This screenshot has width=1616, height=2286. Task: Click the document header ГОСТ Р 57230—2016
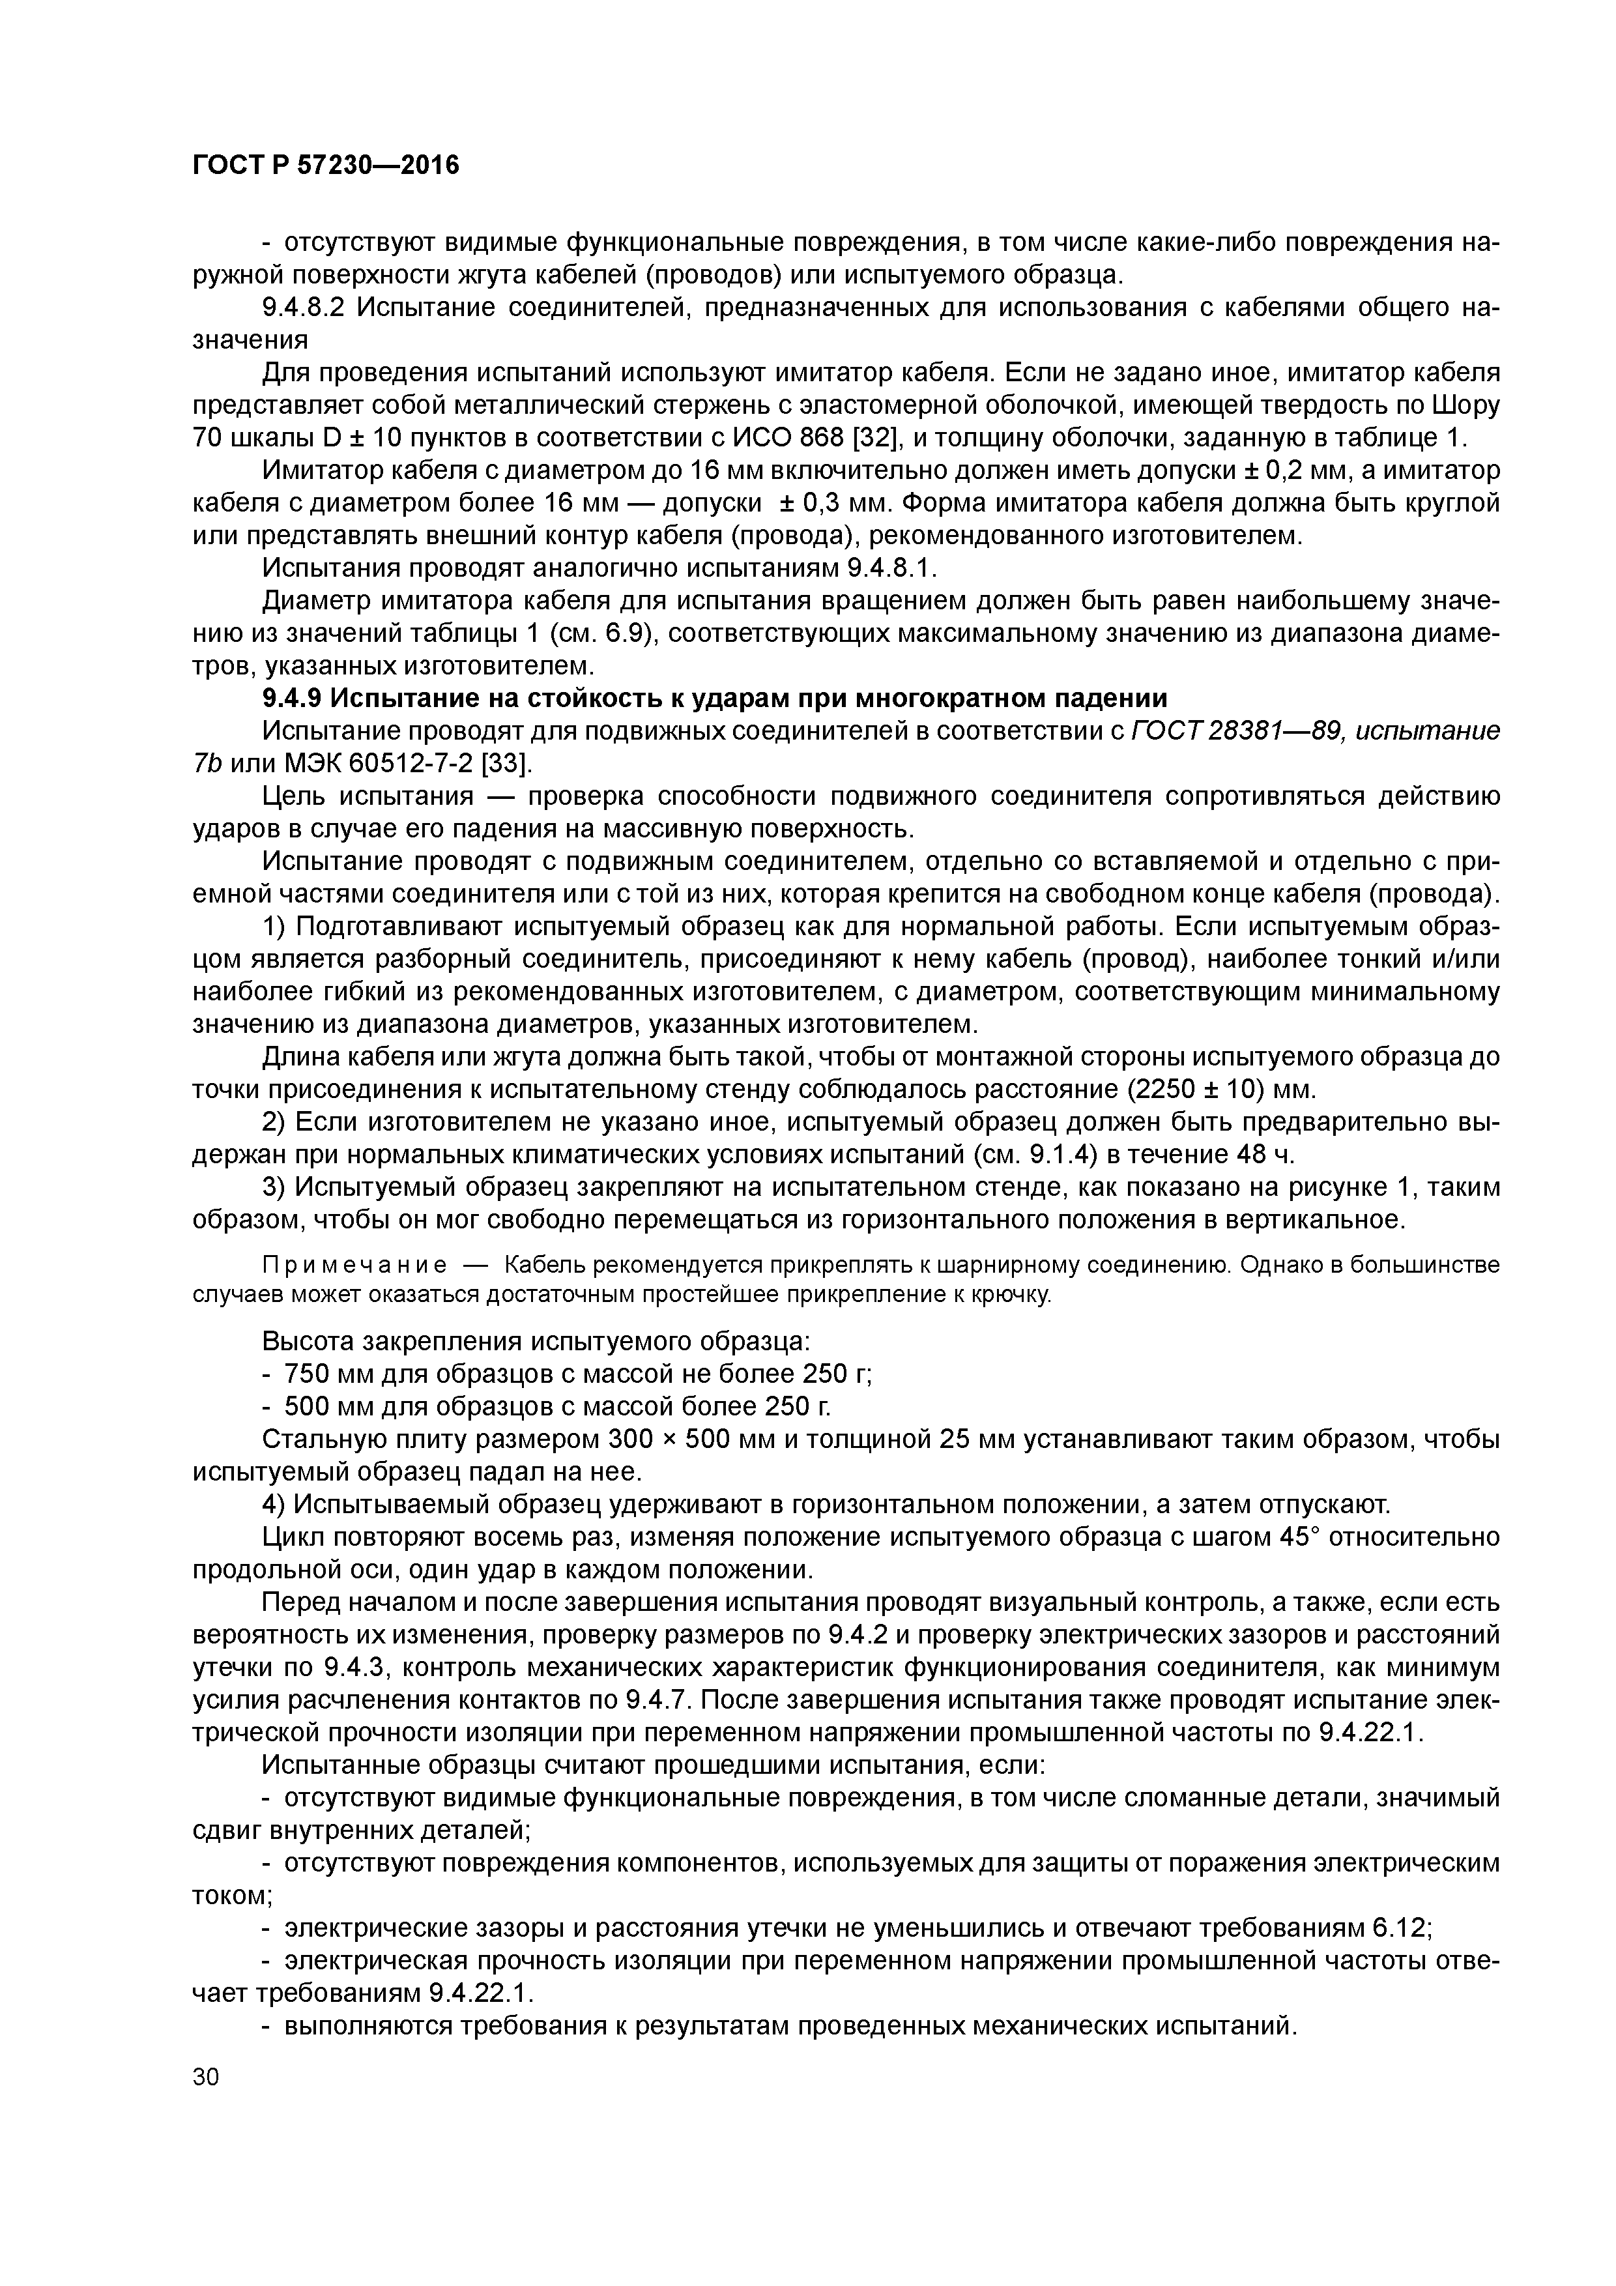tap(326, 164)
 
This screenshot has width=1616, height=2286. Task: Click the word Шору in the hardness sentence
tap(1465, 405)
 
